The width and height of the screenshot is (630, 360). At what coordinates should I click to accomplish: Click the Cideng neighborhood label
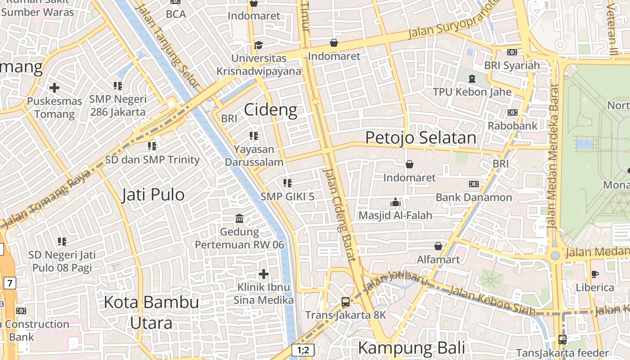pyautogui.click(x=271, y=110)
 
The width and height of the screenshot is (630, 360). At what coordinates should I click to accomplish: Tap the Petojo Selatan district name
pyautogui.click(x=420, y=138)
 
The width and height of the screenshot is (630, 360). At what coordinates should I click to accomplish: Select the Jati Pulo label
pyautogui.click(x=153, y=195)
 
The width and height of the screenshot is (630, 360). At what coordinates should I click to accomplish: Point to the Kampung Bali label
pyautogui.click(x=411, y=348)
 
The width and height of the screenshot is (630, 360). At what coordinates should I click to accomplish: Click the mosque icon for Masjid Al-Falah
pyautogui.click(x=396, y=202)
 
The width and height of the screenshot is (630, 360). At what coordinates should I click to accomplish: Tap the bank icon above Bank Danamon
pyautogui.click(x=474, y=184)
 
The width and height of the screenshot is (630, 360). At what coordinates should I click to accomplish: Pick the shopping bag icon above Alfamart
pyautogui.click(x=438, y=246)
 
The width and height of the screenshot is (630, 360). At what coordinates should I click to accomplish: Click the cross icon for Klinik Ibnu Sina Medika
pyautogui.click(x=264, y=274)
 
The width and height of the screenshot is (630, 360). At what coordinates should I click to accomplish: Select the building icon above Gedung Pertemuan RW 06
pyautogui.click(x=239, y=219)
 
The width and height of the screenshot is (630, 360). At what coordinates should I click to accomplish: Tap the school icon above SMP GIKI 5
pyautogui.click(x=288, y=183)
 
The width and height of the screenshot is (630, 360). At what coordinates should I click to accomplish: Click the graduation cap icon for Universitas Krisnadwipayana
pyautogui.click(x=259, y=45)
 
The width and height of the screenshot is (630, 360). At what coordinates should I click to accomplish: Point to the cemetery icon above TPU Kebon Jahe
pyautogui.click(x=472, y=79)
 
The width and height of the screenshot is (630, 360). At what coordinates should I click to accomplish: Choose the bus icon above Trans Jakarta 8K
pyautogui.click(x=346, y=302)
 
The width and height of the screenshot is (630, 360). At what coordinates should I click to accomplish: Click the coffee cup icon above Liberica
pyautogui.click(x=595, y=274)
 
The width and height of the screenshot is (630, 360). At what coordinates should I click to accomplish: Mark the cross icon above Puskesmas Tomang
pyautogui.click(x=54, y=87)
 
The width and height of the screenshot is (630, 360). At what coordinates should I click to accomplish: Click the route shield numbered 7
pyautogui.click(x=10, y=283)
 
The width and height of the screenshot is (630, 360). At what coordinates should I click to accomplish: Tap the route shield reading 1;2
pyautogui.click(x=303, y=350)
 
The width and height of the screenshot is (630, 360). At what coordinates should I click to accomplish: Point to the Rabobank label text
pyautogui.click(x=513, y=126)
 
